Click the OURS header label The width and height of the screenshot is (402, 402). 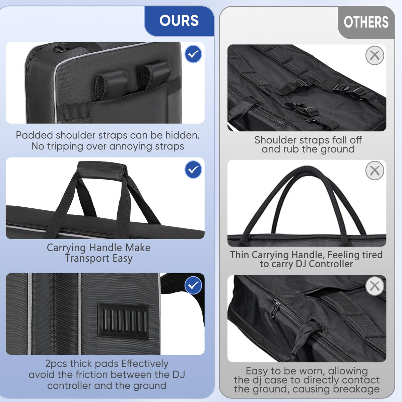tap(179, 20)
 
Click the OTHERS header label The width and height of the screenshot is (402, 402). tap(366, 22)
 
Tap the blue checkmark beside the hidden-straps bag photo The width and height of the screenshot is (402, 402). tap(193, 54)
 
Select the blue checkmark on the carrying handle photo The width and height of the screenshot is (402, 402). tap(193, 170)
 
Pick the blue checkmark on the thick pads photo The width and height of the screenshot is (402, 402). tap(193, 285)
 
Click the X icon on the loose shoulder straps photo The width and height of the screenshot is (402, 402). tap(375, 56)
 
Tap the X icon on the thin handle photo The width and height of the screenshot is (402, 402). tap(375, 171)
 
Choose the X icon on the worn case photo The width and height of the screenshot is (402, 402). tap(375, 286)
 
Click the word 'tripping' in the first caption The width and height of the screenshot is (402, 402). tap(65, 146)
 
